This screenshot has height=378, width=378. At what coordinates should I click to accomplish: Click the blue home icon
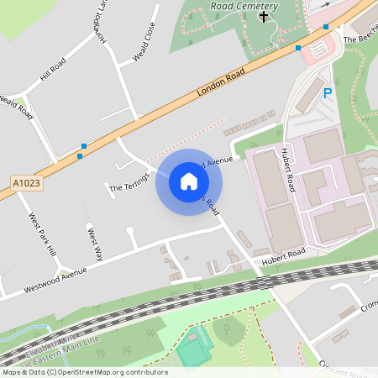pyautogui.click(x=189, y=181)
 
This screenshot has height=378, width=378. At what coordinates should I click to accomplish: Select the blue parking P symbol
pyautogui.click(x=328, y=93)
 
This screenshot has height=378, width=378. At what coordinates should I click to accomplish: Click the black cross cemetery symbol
pyautogui.click(x=265, y=16)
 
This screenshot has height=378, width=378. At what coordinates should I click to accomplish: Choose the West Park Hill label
pyautogui.click(x=43, y=234)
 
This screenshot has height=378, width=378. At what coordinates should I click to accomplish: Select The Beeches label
pyautogui.click(x=359, y=39)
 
